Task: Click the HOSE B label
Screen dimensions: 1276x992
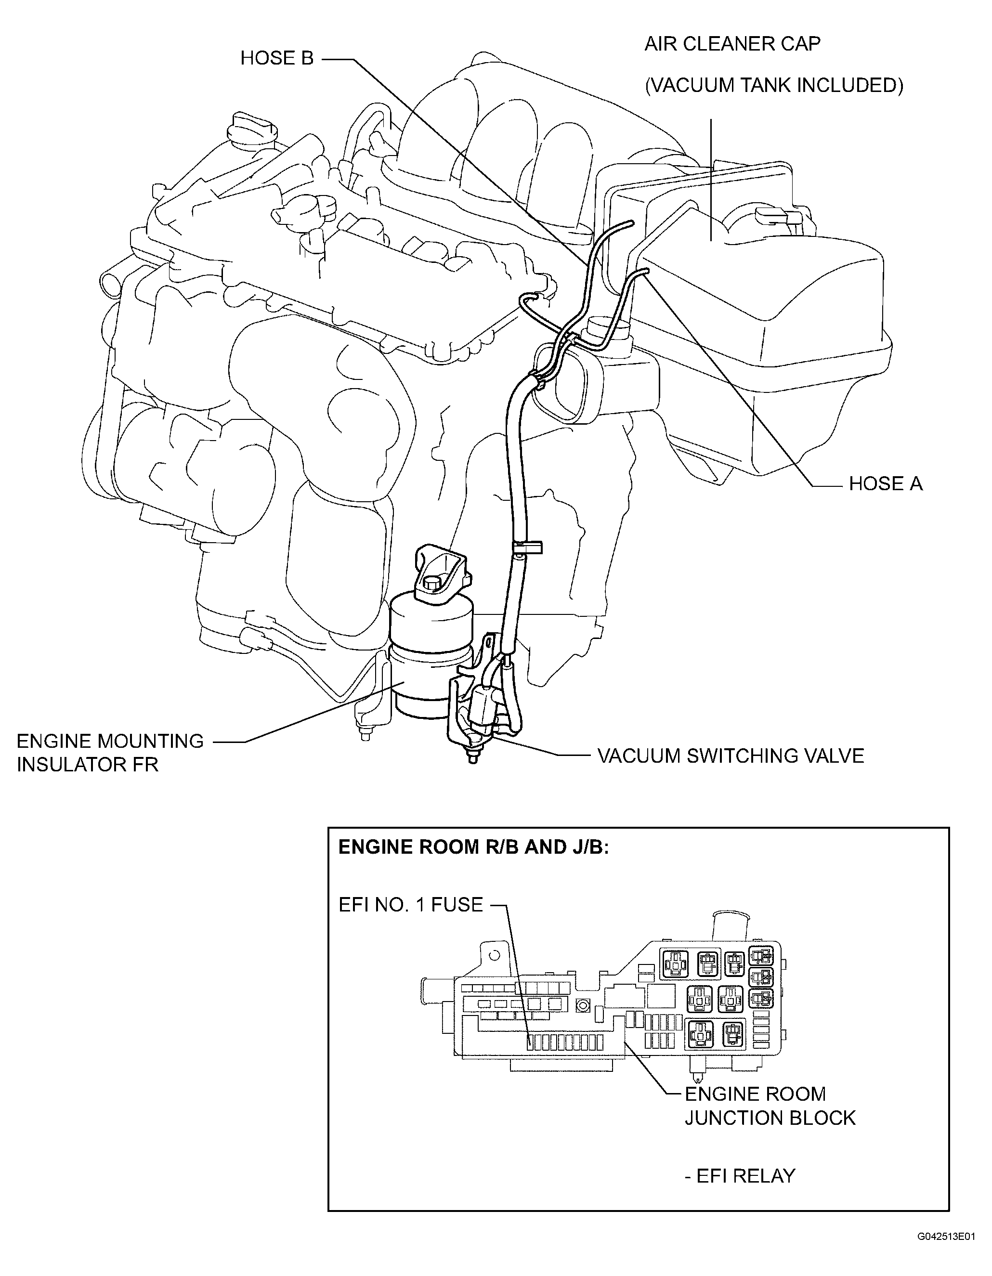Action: click(x=277, y=58)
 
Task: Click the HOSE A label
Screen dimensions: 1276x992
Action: click(x=885, y=484)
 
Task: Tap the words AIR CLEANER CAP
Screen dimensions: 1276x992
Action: click(x=732, y=43)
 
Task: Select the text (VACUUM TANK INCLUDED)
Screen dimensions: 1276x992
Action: click(x=773, y=85)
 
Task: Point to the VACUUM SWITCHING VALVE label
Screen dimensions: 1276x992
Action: click(x=730, y=755)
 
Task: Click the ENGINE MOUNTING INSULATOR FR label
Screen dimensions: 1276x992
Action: click(x=110, y=753)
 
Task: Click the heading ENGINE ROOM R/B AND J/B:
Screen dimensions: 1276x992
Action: click(x=473, y=847)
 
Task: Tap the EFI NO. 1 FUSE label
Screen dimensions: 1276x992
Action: click(x=411, y=904)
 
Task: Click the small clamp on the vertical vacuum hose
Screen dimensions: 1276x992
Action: click(x=526, y=547)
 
